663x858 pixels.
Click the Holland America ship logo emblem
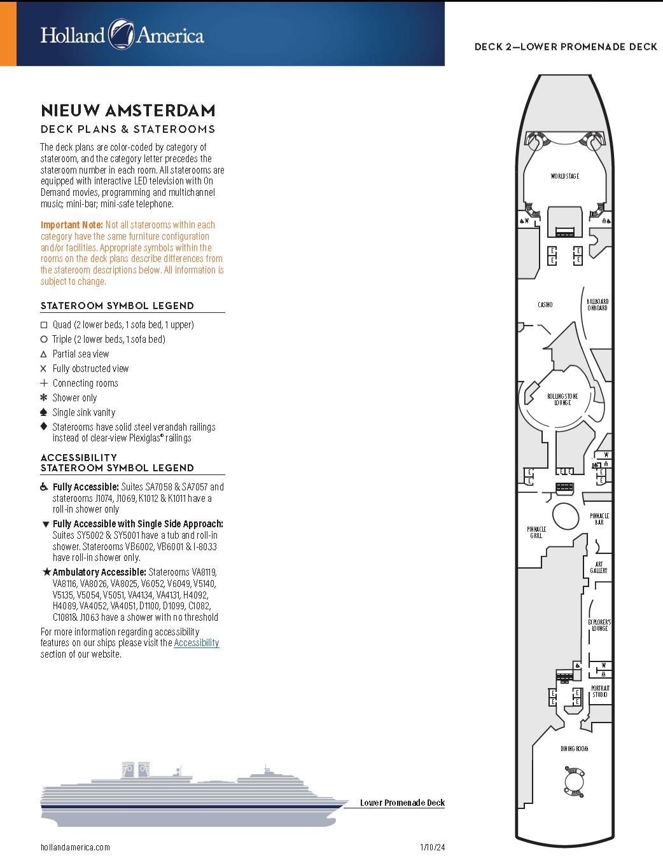tap(121, 34)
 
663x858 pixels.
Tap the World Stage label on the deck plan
tap(564, 176)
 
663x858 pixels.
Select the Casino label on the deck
tap(545, 305)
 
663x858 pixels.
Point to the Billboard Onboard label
tap(597, 305)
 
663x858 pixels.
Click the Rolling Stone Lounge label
tap(562, 399)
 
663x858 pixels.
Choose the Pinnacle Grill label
tap(536, 532)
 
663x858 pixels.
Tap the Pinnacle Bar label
tap(599, 519)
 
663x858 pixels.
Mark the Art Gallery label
tap(599, 567)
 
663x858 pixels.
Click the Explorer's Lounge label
tap(599, 625)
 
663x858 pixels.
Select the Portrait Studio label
tap(600, 691)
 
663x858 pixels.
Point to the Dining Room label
tap(574, 749)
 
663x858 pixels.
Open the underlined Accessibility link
tap(197, 643)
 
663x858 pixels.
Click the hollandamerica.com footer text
tap(75, 847)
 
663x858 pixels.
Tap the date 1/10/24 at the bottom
tap(433, 847)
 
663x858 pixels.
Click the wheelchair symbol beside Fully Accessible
tap(44, 487)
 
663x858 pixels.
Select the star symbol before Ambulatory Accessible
tap(46, 572)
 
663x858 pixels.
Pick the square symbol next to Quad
tap(44, 325)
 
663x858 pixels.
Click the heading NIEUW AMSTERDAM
tap(128, 111)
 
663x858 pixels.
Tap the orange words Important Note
tap(72, 225)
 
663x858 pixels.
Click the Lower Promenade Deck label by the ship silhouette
tap(402, 803)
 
